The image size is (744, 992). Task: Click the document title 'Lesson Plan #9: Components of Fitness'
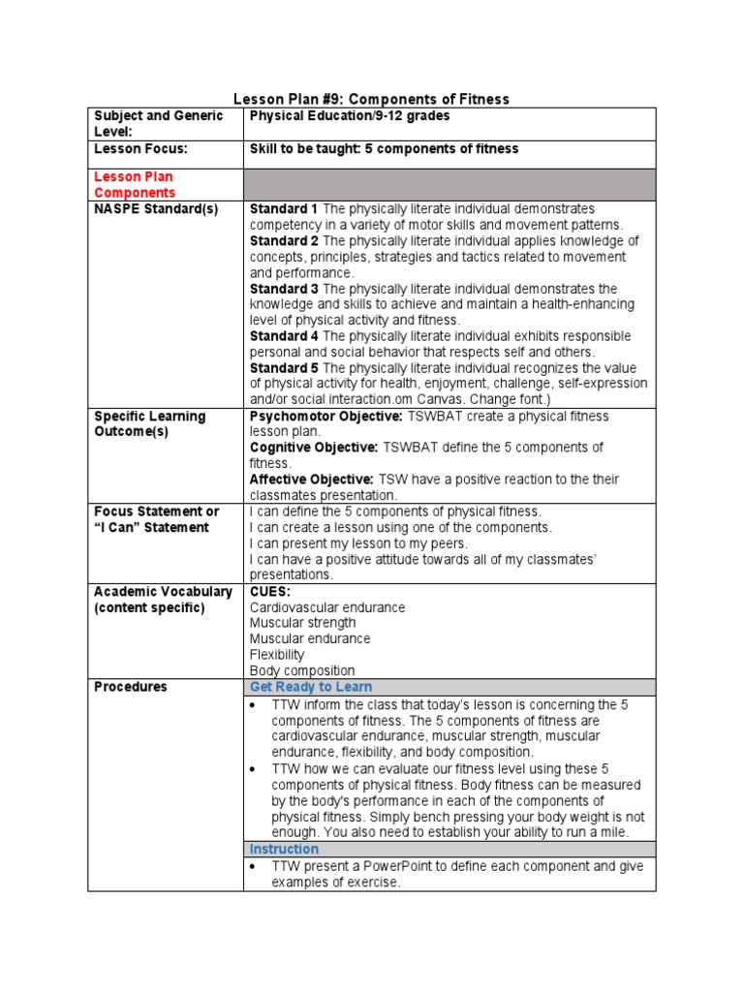372,99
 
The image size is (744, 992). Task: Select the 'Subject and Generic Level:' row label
158,123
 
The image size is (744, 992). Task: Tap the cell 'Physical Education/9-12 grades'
350,116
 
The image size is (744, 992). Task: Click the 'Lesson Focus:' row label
140,149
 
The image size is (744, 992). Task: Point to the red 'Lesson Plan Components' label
134,185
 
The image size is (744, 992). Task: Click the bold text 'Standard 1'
284,209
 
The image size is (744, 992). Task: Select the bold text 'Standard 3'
284,289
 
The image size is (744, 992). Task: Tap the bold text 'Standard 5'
284,368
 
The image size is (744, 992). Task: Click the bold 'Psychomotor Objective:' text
325,416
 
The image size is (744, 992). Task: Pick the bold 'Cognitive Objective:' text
314,448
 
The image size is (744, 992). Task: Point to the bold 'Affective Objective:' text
311,480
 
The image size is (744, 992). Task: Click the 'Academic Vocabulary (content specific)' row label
163,599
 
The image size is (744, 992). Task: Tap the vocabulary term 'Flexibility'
277,655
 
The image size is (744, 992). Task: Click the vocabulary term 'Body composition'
302,670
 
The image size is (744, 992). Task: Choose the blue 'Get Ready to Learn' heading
310,687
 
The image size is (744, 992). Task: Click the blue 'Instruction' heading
284,849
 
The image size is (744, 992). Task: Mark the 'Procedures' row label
130,687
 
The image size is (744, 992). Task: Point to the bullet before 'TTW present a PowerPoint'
253,867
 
